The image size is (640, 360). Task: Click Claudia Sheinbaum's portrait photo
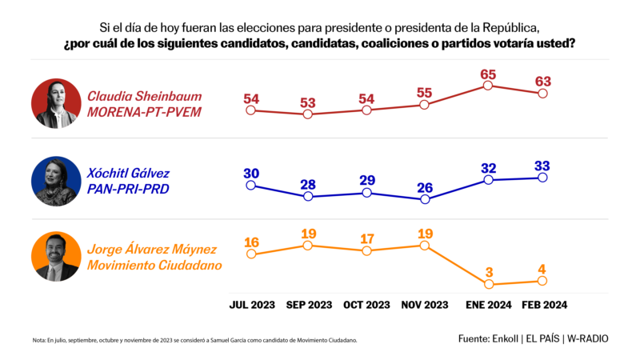(x=56, y=103)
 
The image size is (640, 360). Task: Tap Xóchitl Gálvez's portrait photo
(x=56, y=181)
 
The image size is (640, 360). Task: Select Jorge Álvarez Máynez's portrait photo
(x=56, y=258)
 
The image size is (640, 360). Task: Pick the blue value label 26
(x=425, y=189)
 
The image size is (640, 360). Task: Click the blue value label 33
(x=542, y=166)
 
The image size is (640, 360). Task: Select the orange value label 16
(x=251, y=242)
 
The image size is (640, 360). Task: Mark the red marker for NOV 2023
(x=425, y=105)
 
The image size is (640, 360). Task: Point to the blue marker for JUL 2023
(x=251, y=185)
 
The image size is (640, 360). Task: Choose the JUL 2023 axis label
(x=251, y=305)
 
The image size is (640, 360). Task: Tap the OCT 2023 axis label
(x=366, y=305)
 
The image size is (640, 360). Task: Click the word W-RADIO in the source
(x=587, y=338)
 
